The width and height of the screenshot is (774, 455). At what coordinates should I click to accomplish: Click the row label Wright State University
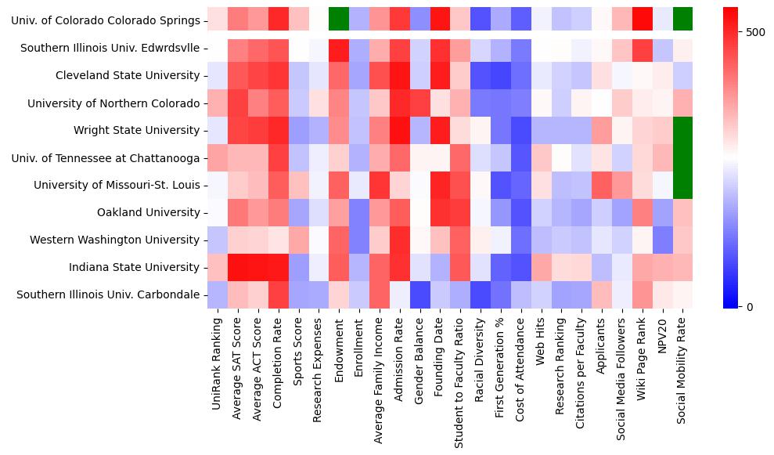(136, 131)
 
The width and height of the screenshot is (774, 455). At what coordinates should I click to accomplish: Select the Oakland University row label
(148, 213)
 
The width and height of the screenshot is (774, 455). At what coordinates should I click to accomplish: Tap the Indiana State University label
(134, 267)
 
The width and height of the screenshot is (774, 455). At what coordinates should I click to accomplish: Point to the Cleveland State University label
(128, 76)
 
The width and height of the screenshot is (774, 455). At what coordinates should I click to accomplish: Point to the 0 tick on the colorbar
(752, 306)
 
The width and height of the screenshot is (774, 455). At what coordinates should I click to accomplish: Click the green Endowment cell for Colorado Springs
(339, 20)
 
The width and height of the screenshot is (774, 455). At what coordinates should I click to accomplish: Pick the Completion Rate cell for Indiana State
(278, 267)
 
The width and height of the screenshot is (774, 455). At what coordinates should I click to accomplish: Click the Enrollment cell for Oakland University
(359, 212)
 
